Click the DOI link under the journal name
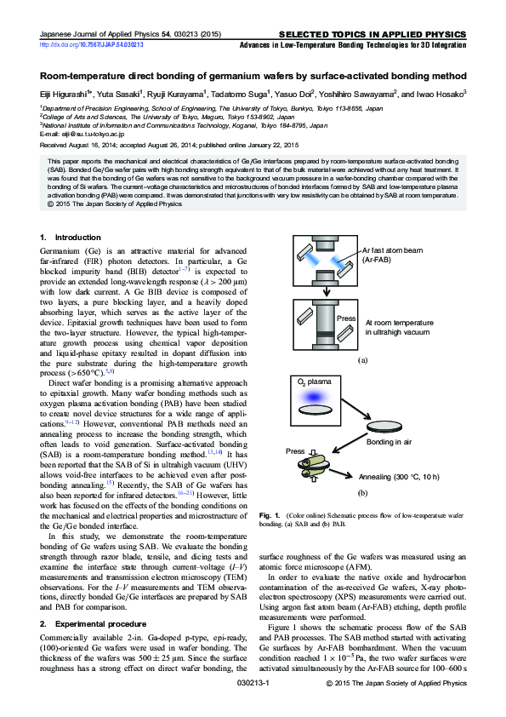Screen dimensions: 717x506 [92, 44]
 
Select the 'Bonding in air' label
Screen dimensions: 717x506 [390, 443]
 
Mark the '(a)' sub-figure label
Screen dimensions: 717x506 [362, 361]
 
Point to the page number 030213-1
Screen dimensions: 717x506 [253, 706]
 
